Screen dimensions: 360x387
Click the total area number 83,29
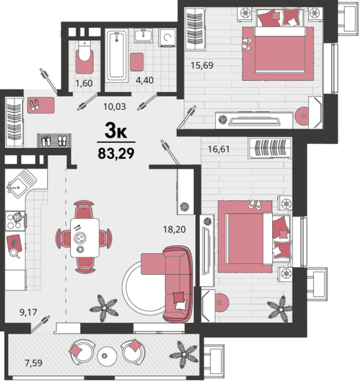(x=116, y=153)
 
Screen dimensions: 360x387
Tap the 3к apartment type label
(x=116, y=131)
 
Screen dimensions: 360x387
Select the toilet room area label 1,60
(x=84, y=83)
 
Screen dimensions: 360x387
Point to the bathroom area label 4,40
(x=145, y=80)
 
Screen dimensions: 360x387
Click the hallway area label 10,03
(x=114, y=107)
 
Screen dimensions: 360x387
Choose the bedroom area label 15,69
(x=202, y=66)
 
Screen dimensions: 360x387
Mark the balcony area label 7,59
(x=33, y=363)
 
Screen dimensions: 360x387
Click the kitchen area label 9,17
(x=28, y=313)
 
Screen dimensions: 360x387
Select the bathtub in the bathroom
(x=117, y=56)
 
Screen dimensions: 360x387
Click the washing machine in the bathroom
(x=167, y=37)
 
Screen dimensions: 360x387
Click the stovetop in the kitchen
(x=15, y=221)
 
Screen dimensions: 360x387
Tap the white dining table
(x=85, y=237)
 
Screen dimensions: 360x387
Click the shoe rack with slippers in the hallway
(x=54, y=141)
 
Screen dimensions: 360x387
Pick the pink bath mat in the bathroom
(x=137, y=62)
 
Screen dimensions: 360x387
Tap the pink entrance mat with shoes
(x=41, y=105)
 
